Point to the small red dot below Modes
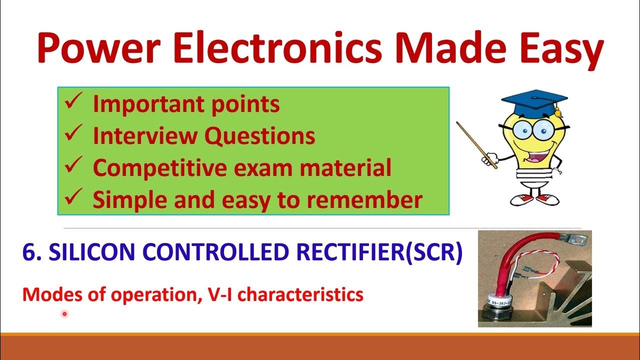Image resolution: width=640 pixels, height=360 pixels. [64, 314]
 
